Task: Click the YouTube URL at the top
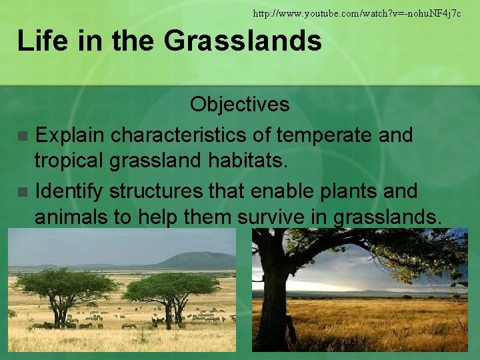point(357,13)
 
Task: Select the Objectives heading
point(239,105)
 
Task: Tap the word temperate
point(315,135)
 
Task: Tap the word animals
point(75,218)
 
